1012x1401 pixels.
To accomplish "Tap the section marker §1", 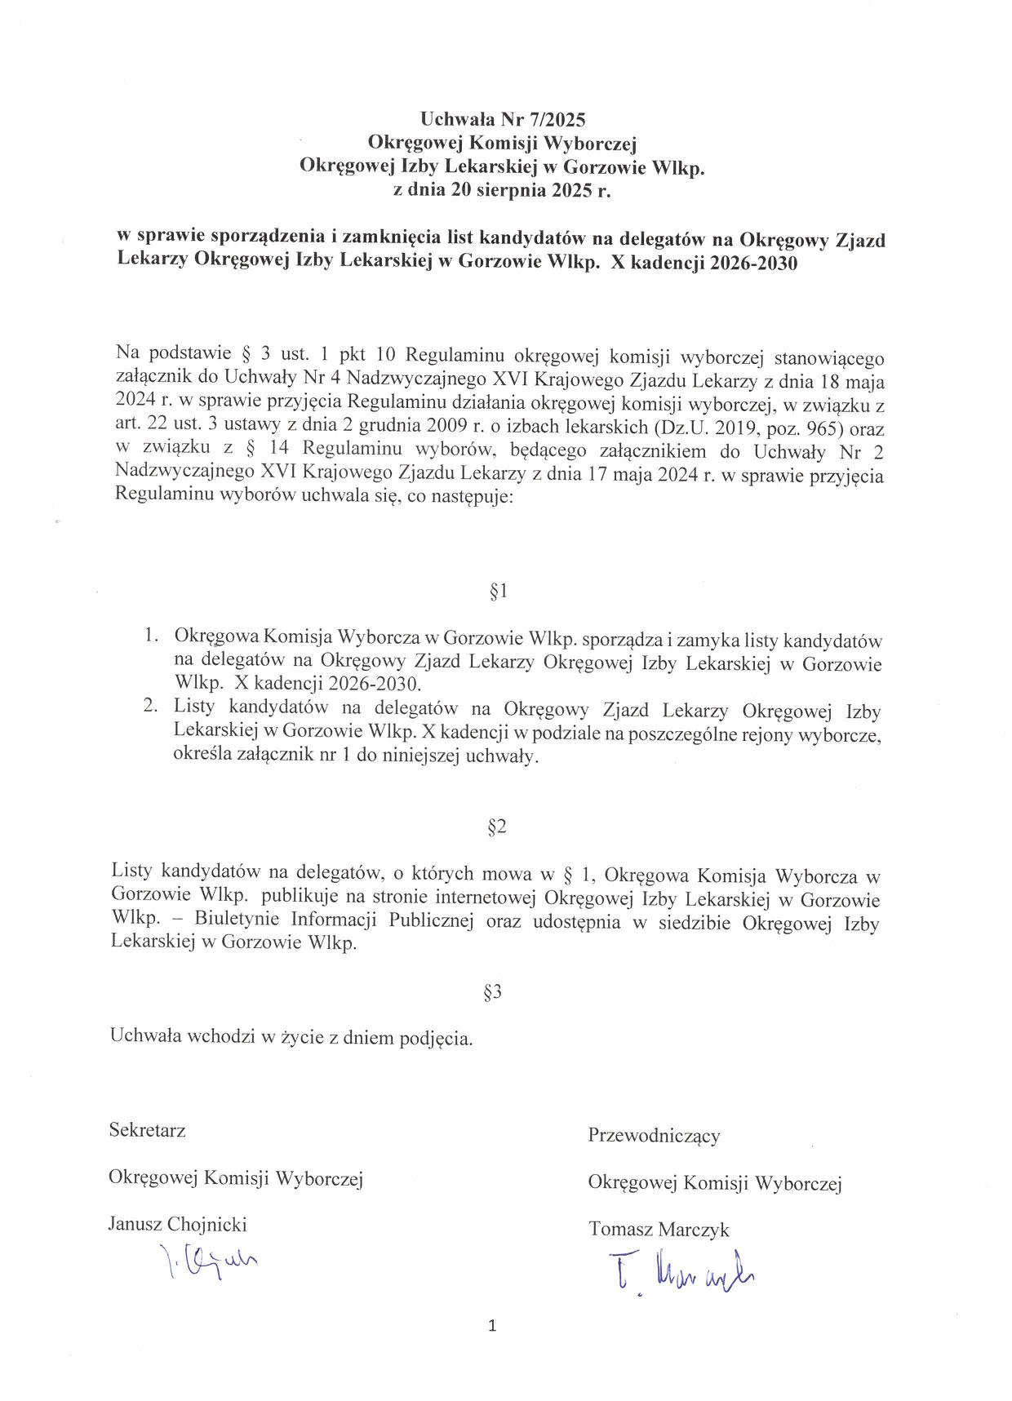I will (x=499, y=591).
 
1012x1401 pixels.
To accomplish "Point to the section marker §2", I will (x=496, y=827).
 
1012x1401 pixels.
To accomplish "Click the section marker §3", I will (x=492, y=991).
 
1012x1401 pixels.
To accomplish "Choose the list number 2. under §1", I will (x=150, y=706).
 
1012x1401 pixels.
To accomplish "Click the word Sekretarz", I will (x=148, y=1130).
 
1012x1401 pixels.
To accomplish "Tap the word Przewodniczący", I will (x=654, y=1135).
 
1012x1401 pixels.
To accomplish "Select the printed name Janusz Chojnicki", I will (x=177, y=1224).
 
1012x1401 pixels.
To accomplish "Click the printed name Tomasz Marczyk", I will (x=659, y=1229).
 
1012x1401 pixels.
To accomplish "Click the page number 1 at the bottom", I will (x=492, y=1326).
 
